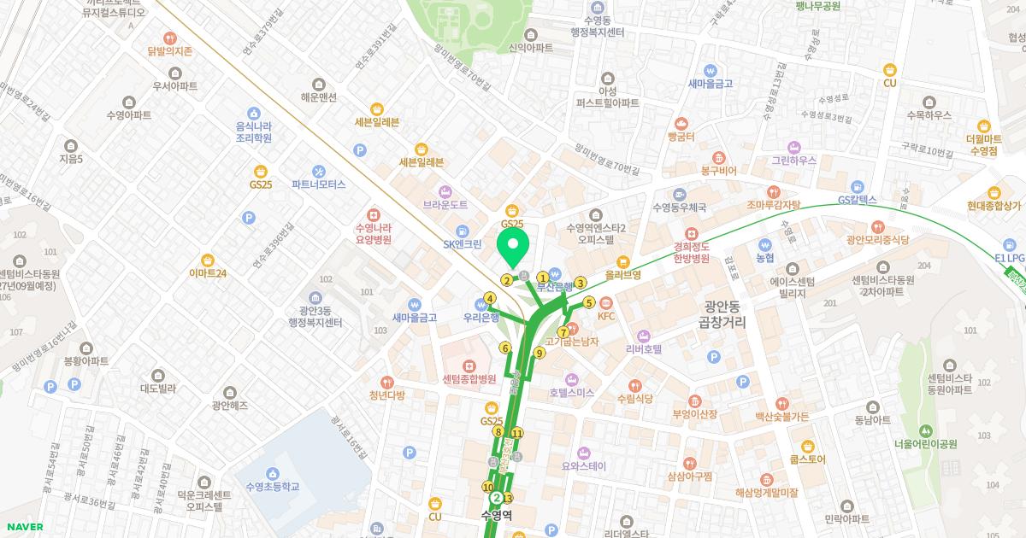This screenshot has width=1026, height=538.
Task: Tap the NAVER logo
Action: click(x=23, y=527)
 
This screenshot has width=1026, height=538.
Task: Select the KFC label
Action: click(x=606, y=316)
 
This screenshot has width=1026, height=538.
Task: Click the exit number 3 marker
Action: click(x=581, y=284)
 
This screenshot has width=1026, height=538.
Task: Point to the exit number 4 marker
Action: click(x=490, y=298)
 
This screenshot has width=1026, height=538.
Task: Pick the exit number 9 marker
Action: click(x=540, y=353)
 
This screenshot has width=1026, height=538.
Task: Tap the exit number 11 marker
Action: click(x=517, y=433)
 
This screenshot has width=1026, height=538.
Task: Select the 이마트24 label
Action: click(x=208, y=273)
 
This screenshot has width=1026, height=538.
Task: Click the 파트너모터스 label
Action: click(x=318, y=184)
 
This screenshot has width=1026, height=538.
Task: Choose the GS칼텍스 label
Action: click(x=858, y=200)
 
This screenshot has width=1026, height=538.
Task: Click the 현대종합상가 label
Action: click(x=994, y=206)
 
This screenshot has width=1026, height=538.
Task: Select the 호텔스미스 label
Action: click(x=572, y=393)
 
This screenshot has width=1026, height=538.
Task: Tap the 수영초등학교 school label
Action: click(x=272, y=486)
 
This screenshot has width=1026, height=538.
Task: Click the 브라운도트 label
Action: click(x=445, y=205)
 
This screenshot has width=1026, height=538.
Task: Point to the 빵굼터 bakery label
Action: click(x=681, y=137)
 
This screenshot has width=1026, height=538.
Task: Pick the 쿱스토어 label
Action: click(x=807, y=459)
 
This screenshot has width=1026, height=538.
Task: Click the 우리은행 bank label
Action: click(x=481, y=317)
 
